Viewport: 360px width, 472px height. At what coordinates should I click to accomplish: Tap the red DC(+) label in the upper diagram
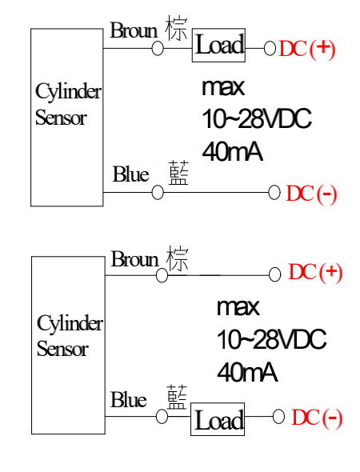307,49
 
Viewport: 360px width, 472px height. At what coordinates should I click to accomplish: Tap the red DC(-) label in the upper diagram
311,194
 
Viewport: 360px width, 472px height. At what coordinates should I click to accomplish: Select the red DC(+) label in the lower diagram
315,273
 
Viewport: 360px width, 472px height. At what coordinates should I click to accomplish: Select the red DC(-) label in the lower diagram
317,418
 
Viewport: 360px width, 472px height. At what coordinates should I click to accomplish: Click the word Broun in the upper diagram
134,30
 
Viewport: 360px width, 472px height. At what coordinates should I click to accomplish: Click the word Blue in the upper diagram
130,174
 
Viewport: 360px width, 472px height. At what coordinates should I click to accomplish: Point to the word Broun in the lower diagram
135,259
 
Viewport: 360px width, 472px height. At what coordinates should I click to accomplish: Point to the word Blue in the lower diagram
129,399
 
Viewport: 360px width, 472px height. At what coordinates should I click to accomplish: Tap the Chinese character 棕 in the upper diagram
176,28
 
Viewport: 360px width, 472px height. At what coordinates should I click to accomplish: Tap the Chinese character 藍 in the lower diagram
177,398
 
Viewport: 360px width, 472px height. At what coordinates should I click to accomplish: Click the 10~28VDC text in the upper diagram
257,118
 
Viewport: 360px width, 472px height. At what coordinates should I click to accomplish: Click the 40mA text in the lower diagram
247,372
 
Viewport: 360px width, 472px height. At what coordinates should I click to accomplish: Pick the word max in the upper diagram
223,87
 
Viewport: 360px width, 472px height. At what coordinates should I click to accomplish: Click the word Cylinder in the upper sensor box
68,92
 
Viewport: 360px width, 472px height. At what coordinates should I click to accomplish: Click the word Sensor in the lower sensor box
62,349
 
